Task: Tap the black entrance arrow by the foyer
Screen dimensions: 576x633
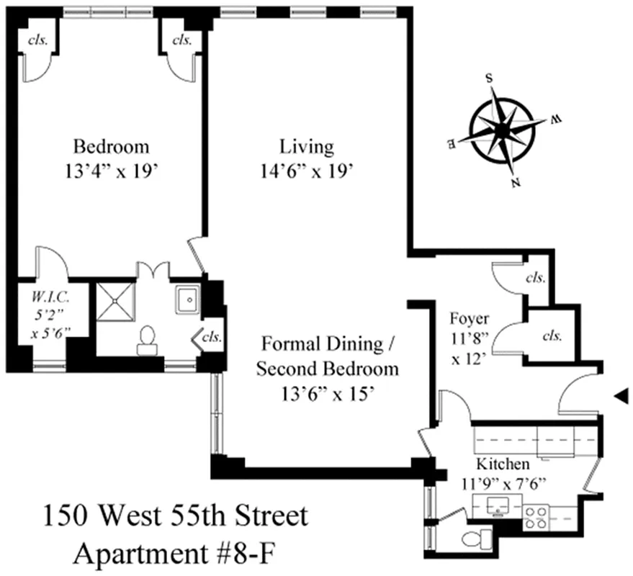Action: click(x=620, y=395)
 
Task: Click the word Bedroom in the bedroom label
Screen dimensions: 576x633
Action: click(x=112, y=147)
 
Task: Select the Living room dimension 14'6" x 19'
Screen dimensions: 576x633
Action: click(x=307, y=171)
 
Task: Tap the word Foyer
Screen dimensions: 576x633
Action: click(x=469, y=318)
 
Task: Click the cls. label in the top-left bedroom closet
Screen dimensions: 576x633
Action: click(x=37, y=40)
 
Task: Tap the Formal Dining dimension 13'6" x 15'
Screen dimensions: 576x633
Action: click(x=328, y=395)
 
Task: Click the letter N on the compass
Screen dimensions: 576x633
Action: click(x=516, y=183)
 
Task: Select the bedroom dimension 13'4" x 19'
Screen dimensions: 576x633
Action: click(x=112, y=171)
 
